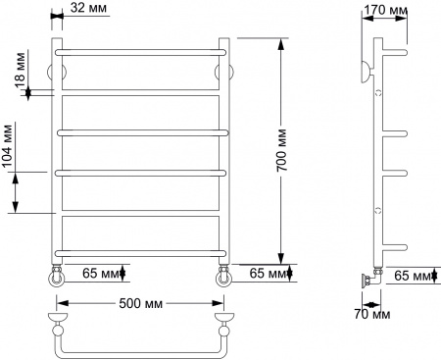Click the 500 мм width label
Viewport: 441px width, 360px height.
139,301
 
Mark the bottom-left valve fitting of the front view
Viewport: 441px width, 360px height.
59,278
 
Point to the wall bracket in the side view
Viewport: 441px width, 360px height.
367,70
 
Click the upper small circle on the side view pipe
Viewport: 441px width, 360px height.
378,92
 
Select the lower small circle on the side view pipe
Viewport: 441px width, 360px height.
378,210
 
